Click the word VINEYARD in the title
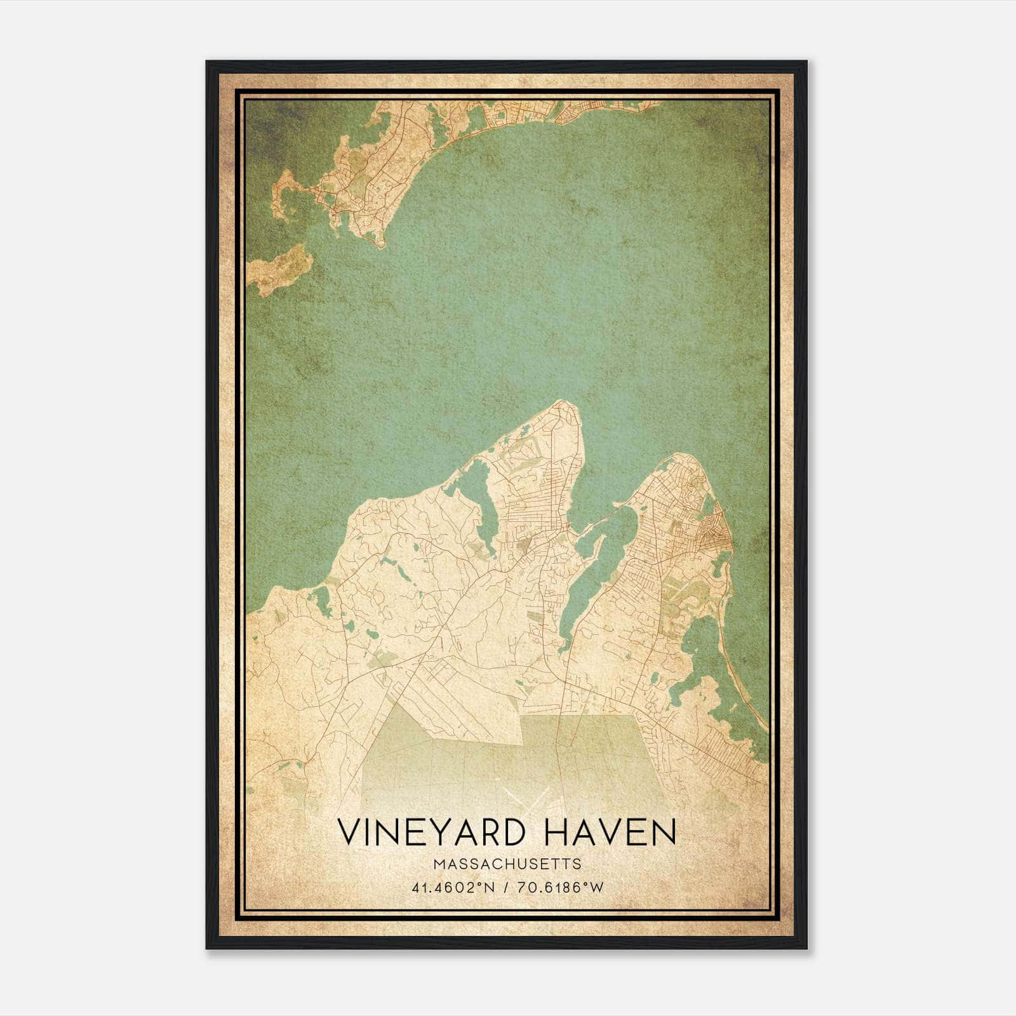tap(431, 832)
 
